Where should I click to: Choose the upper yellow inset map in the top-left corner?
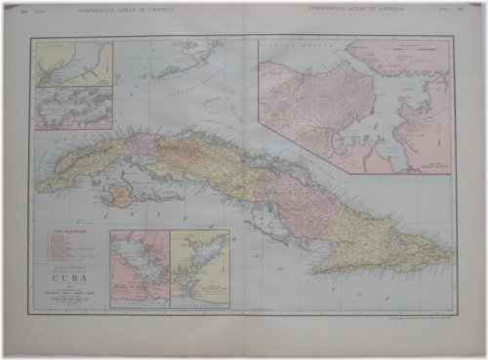click(x=74, y=63)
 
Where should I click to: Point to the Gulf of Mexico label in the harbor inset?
click(x=293, y=46)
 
